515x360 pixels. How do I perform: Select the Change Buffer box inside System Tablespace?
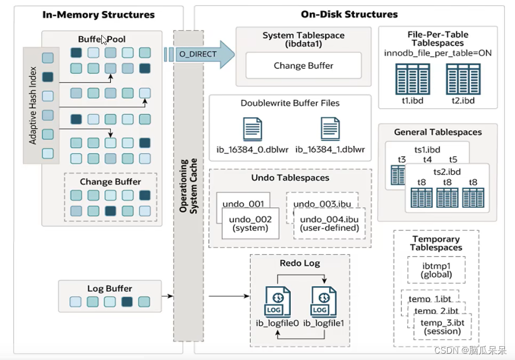click(303, 66)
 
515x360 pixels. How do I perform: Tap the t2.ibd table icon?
click(463, 80)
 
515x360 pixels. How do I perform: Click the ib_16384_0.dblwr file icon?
click(252, 129)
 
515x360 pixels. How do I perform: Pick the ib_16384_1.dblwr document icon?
click(330, 129)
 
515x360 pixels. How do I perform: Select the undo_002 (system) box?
click(247, 224)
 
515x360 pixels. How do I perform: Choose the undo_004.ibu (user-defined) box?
click(329, 224)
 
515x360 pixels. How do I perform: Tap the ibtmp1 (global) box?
click(436, 270)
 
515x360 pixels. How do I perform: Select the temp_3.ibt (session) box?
click(442, 327)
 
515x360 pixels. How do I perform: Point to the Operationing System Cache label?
click(188, 186)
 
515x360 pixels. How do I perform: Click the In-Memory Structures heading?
click(99, 14)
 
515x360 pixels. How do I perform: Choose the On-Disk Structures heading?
click(349, 14)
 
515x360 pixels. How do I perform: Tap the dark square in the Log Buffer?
click(127, 302)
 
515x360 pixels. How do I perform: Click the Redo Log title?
click(300, 263)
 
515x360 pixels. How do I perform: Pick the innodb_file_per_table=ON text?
click(438, 54)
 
